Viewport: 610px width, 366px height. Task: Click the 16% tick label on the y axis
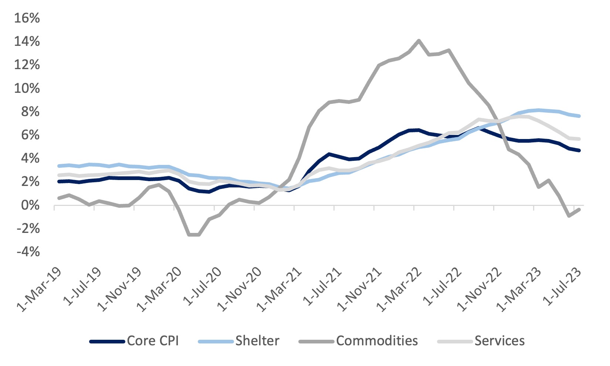pyautogui.click(x=27, y=18)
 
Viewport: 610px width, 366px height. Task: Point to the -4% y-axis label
pyautogui.click(x=27, y=252)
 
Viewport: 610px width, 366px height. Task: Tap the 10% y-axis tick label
pyautogui.click(x=27, y=88)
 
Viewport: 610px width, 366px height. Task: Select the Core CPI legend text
pyautogui.click(x=153, y=341)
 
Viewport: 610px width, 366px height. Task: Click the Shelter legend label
pyautogui.click(x=257, y=341)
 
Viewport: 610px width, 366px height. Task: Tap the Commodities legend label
pyautogui.click(x=377, y=341)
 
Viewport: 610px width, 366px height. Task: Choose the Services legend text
pyautogui.click(x=499, y=341)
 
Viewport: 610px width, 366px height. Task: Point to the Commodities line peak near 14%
pyautogui.click(x=418, y=41)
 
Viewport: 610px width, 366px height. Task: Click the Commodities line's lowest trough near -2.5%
pyautogui.click(x=194, y=234)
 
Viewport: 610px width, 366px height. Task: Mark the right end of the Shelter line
pyautogui.click(x=579, y=116)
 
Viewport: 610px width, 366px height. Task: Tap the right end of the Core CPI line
pyautogui.click(x=579, y=150)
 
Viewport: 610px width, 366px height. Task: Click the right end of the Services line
pyautogui.click(x=579, y=139)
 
